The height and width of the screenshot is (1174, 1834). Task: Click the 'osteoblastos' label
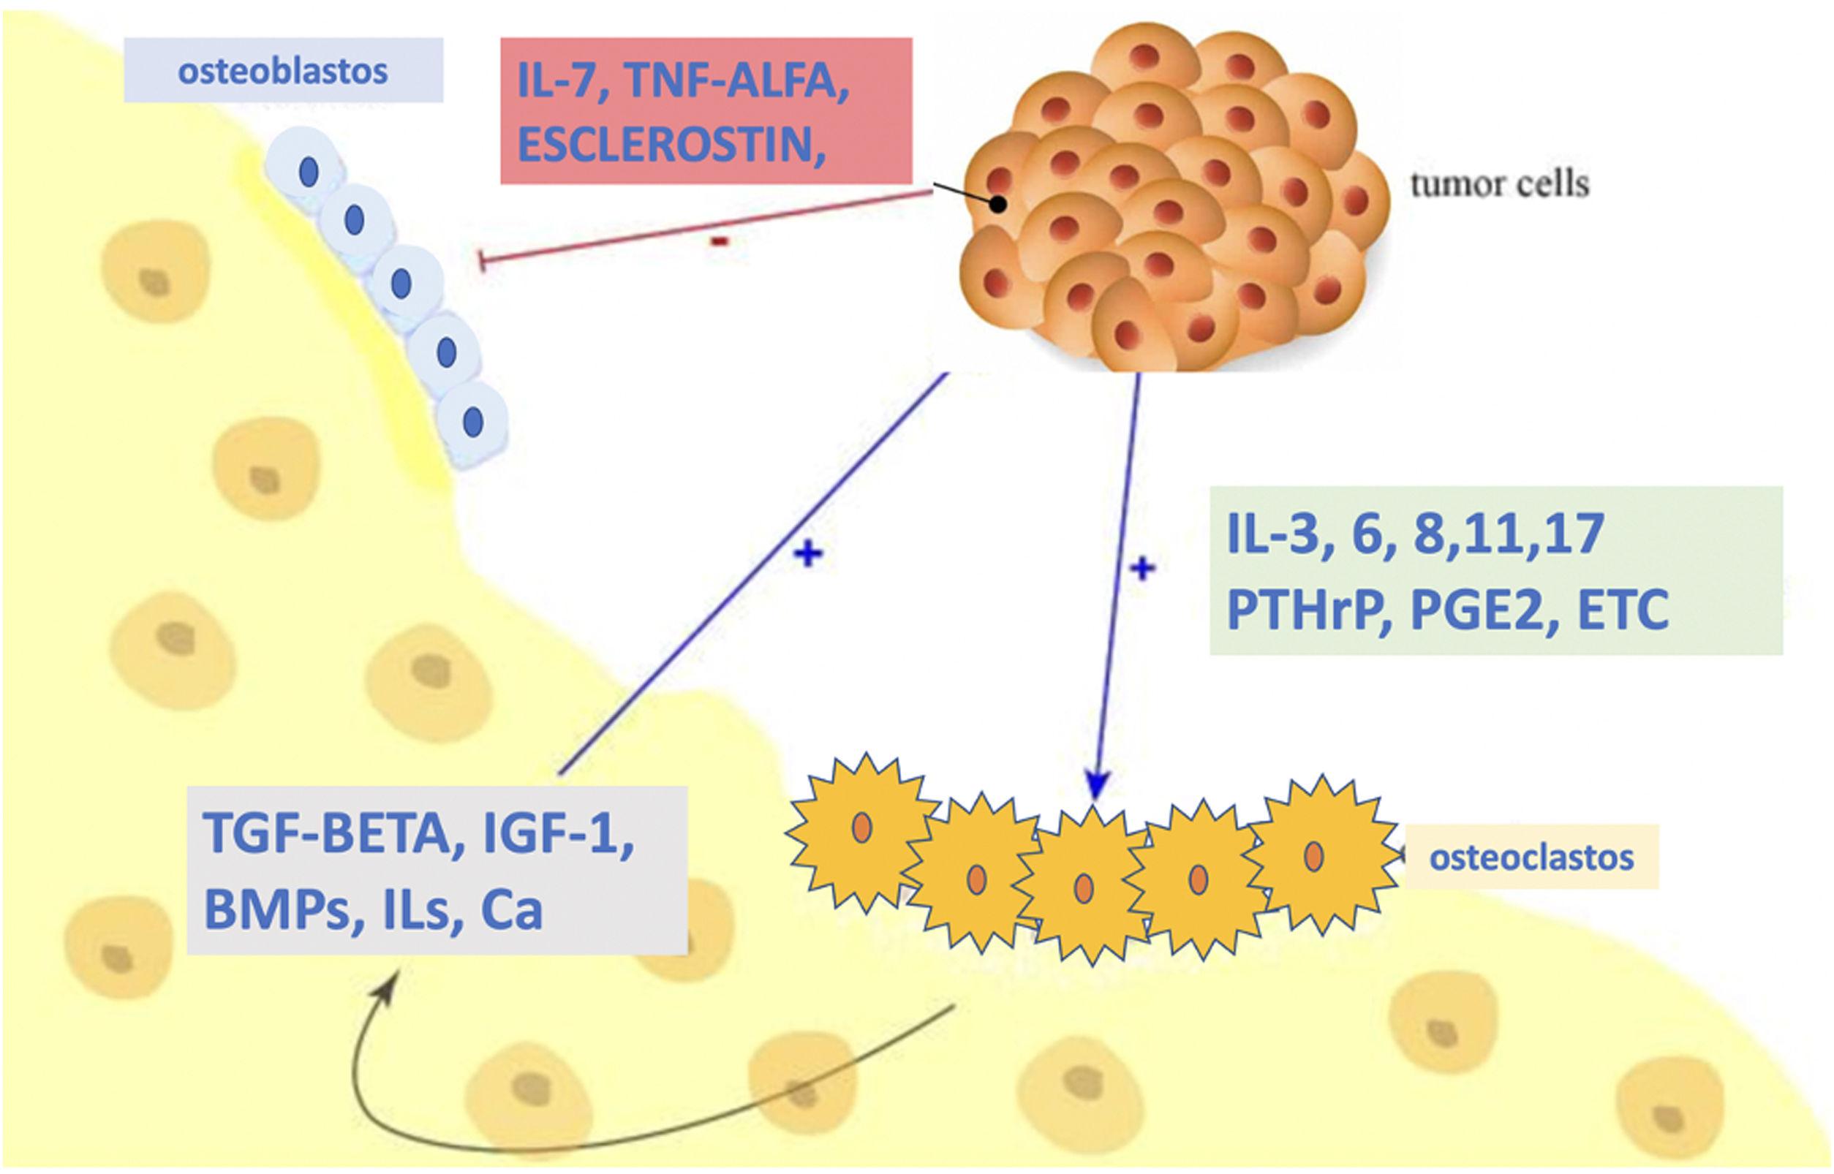(283, 72)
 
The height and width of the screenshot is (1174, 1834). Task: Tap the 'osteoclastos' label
(1531, 857)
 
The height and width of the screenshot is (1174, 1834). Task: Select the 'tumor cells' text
(1499, 184)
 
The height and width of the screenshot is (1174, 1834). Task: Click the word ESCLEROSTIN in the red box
(671, 144)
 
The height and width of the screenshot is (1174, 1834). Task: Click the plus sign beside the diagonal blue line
(807, 554)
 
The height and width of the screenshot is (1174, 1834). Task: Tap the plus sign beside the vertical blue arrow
(1141, 567)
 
